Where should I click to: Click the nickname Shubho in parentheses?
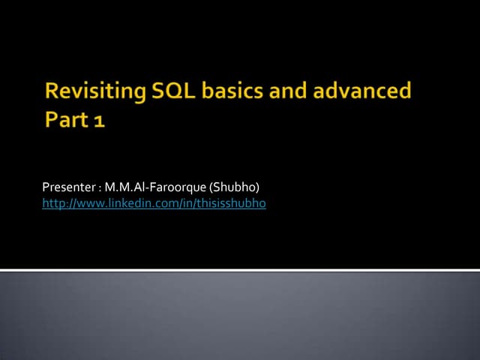pos(238,187)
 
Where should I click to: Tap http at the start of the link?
pos(52,203)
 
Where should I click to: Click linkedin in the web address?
pos(123,203)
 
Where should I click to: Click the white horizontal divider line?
pos(240,269)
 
